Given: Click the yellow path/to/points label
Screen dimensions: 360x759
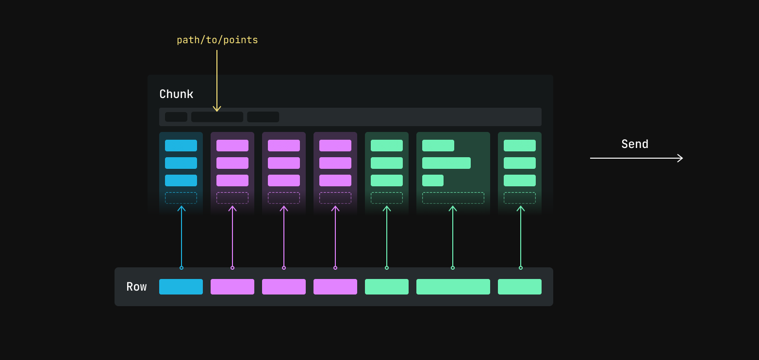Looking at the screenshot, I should (217, 40).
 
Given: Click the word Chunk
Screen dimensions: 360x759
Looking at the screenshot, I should (176, 94).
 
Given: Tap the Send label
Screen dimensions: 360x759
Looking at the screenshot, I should (635, 144).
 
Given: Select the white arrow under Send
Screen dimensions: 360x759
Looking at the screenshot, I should (636, 158).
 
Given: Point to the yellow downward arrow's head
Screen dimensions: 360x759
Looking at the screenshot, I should (217, 109).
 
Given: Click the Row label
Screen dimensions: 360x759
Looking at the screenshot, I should (136, 287).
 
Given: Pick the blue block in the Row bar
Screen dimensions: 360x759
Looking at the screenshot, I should (181, 287).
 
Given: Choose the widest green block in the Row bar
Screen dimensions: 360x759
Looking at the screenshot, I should (453, 287).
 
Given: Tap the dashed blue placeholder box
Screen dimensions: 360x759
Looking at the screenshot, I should (181, 198).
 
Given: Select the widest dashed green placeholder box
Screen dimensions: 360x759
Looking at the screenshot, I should (453, 198).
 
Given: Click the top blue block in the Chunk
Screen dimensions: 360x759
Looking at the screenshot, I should (181, 146).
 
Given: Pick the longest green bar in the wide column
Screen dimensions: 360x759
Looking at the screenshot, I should (446, 163).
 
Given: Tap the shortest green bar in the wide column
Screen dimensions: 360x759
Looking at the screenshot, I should (433, 180).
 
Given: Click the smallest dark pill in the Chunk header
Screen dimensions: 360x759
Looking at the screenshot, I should (176, 117).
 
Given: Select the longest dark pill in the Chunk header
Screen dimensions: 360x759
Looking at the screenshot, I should (217, 117).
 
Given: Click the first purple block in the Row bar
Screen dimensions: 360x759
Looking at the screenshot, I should (232, 287).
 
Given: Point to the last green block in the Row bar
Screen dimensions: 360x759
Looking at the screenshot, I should (520, 287).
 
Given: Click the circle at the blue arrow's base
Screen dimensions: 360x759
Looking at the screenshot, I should (181, 268).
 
